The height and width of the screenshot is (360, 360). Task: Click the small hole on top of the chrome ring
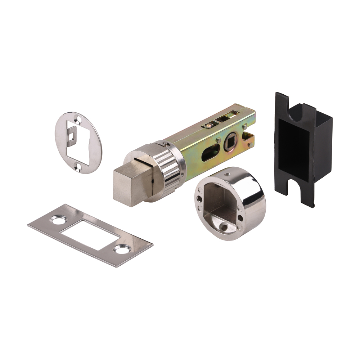pos(228,174)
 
